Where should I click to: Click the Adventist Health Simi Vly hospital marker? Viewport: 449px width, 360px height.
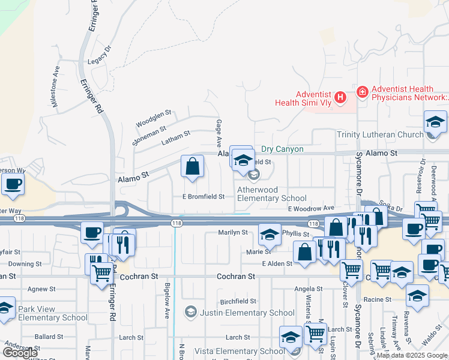click(340, 96)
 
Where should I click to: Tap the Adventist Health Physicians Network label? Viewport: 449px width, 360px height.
click(410, 92)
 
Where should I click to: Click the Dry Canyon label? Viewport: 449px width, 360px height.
click(282, 149)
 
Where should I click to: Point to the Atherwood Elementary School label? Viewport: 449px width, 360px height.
click(271, 194)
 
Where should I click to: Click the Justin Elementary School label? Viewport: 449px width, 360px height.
click(247, 313)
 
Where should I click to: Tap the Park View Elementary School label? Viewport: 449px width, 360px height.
click(53, 313)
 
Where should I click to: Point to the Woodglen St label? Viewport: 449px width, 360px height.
click(154, 112)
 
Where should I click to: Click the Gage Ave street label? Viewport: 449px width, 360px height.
click(219, 133)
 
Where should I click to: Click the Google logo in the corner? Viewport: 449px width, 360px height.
click(20, 353)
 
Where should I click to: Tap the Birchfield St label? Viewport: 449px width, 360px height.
click(238, 301)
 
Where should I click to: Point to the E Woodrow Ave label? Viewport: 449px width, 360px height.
click(310, 208)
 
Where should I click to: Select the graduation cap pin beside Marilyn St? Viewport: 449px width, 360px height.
click(270, 235)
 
